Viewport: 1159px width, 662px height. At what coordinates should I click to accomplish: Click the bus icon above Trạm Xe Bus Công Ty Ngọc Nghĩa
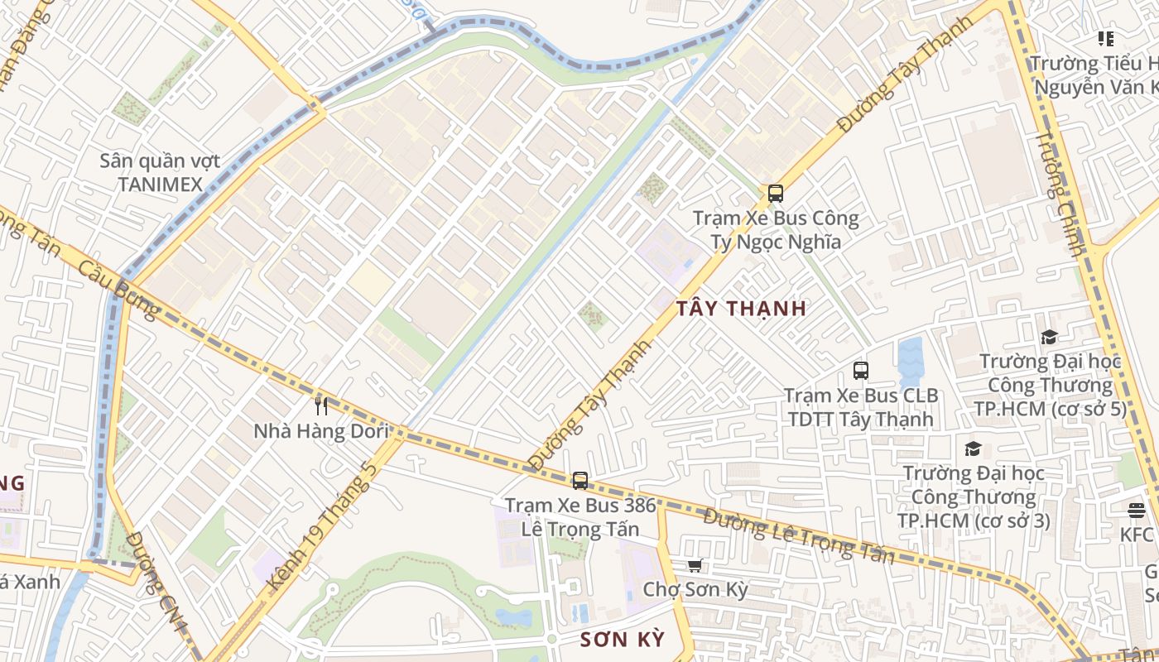coord(775,194)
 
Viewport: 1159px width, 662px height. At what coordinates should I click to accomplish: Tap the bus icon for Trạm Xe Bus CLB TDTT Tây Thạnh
coord(861,370)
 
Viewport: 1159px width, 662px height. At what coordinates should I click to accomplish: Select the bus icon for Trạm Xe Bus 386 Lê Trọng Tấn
coord(580,480)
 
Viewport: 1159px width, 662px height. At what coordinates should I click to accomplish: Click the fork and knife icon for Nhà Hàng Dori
coord(321,405)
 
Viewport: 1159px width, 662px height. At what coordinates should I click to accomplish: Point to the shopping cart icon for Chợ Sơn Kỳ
coord(695,565)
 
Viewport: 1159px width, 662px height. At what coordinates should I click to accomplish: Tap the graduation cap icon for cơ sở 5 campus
coord(1049,337)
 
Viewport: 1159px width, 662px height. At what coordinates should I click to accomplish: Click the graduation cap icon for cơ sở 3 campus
coord(973,449)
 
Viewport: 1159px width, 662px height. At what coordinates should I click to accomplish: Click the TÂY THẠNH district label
coord(741,309)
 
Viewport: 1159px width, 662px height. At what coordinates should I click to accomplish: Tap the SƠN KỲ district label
coord(622,640)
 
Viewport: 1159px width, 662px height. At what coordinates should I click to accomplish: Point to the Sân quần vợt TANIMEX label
coord(160,172)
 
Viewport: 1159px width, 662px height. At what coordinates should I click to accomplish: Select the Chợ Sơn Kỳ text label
coord(695,590)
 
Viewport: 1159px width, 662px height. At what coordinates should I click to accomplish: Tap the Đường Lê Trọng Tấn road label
coord(799,536)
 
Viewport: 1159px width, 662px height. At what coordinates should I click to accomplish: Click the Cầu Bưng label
coord(120,290)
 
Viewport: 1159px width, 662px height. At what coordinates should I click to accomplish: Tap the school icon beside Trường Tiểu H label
coord(1105,38)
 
